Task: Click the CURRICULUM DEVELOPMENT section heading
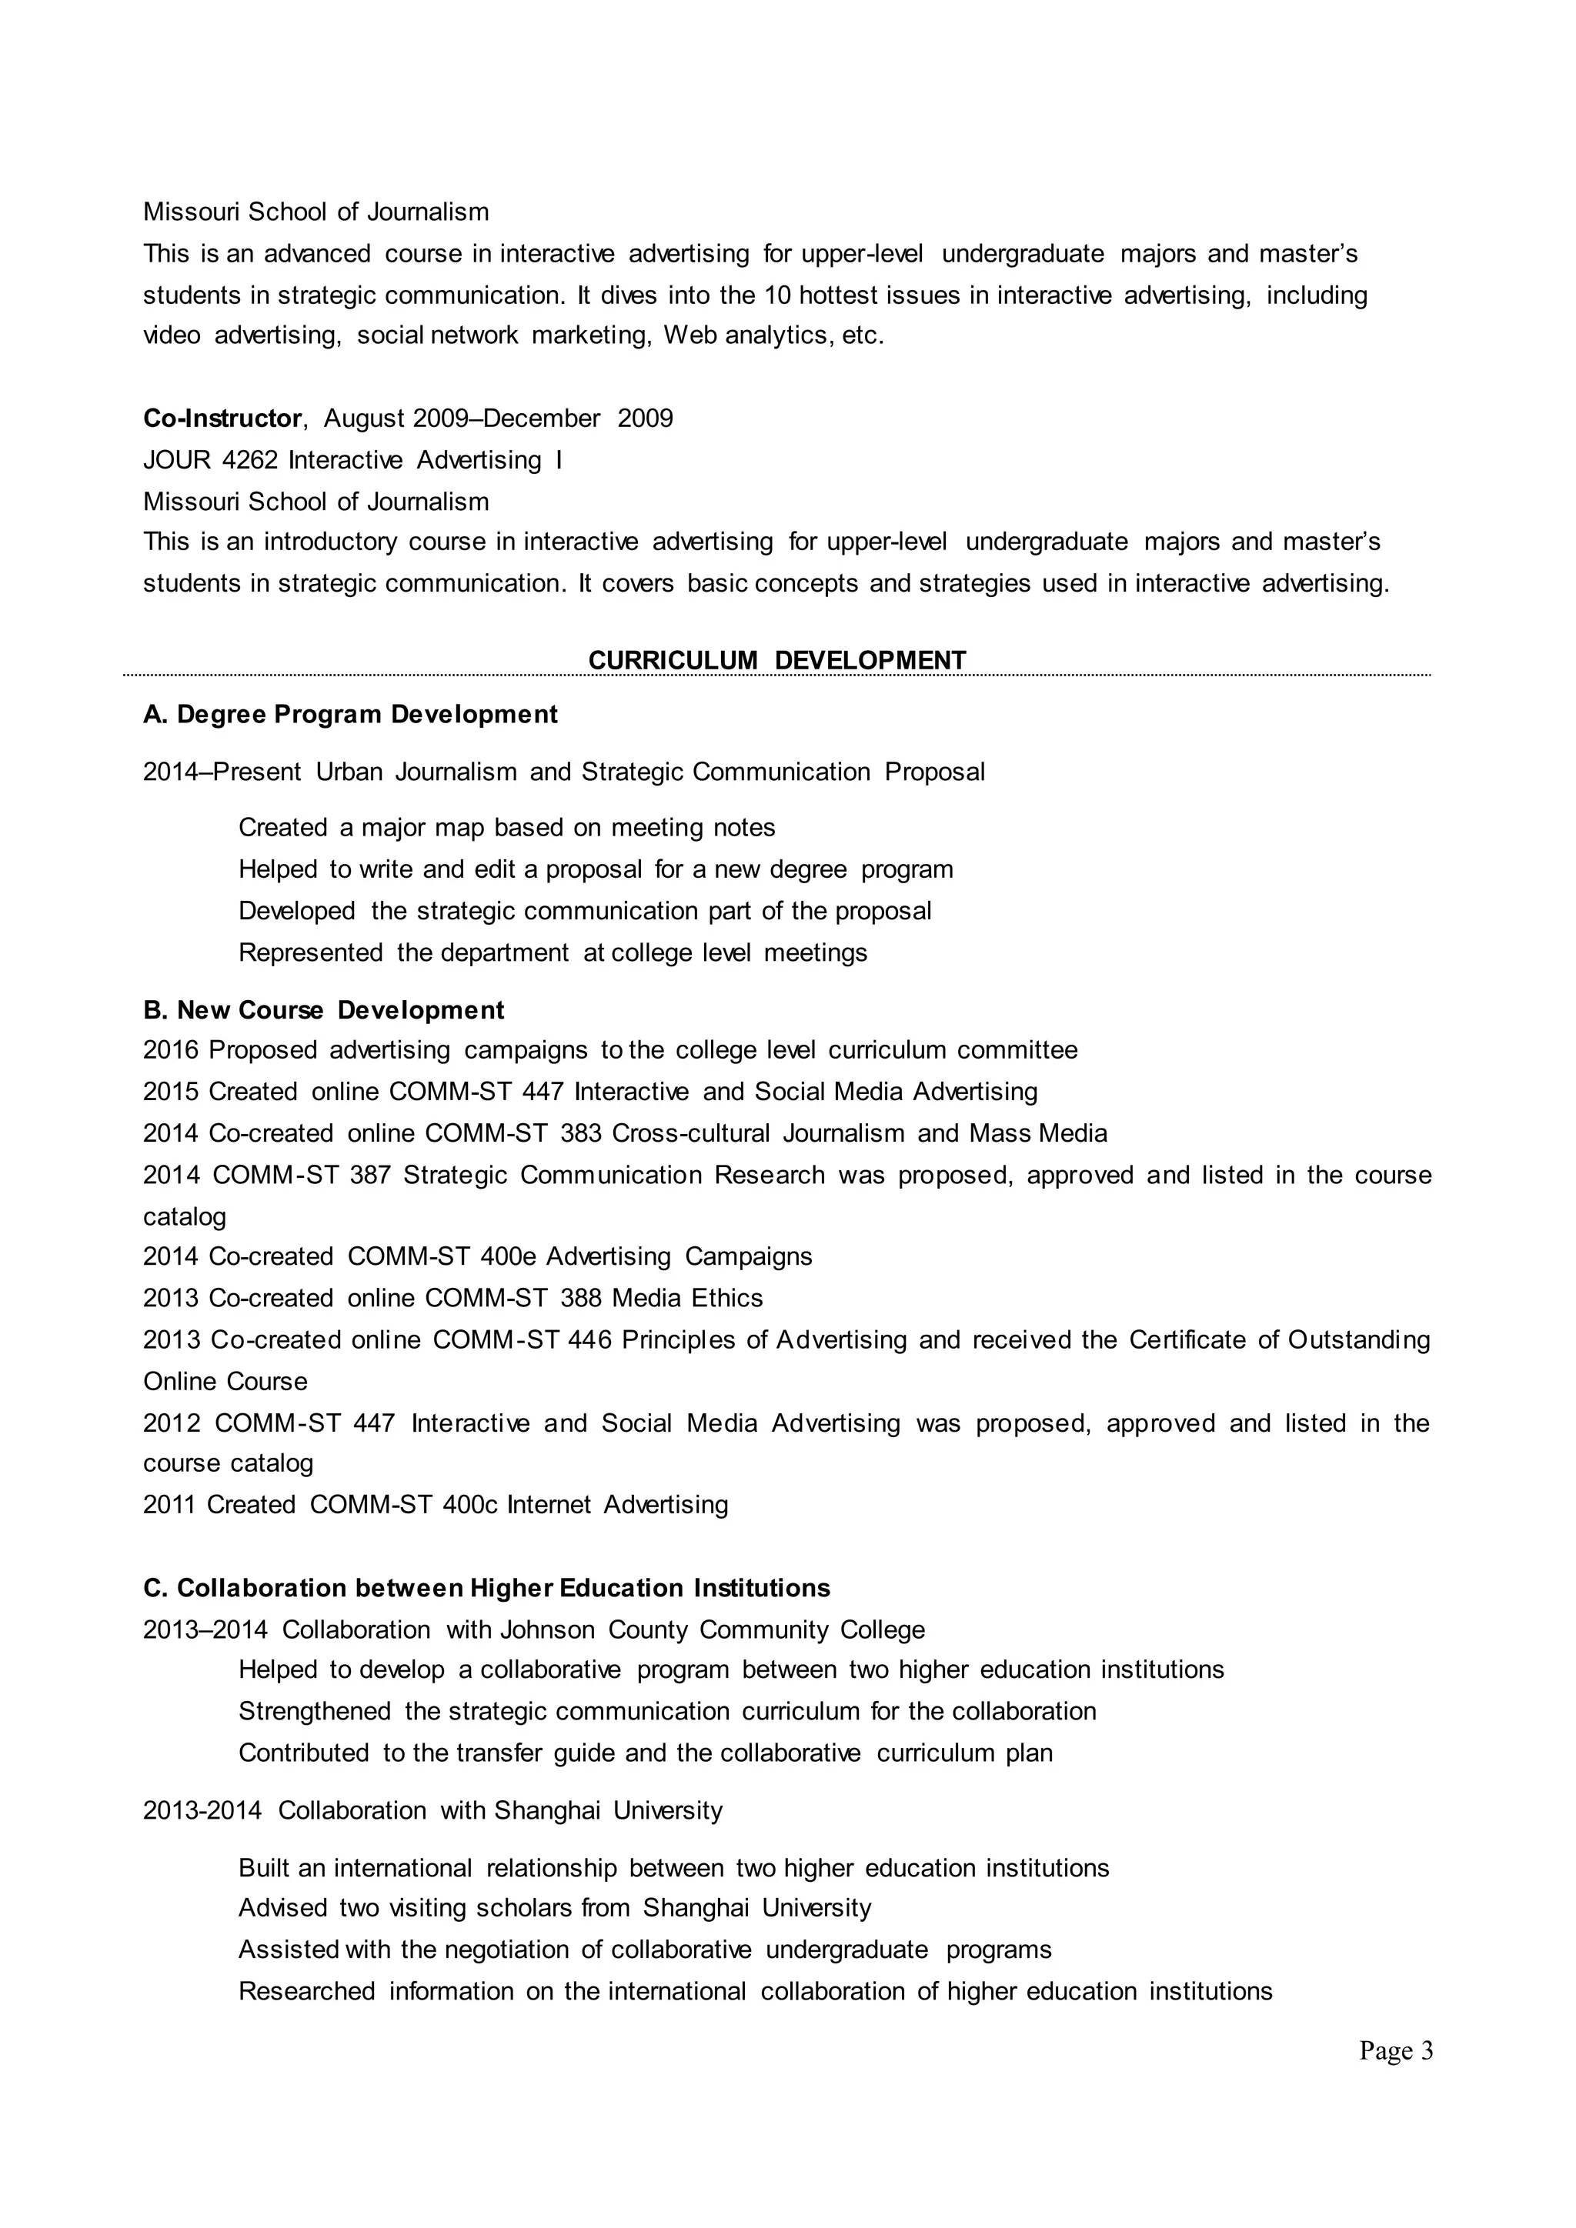[x=777, y=660]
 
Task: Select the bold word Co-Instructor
[x=222, y=419]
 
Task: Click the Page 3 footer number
[x=1395, y=2050]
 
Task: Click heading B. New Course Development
[x=323, y=1010]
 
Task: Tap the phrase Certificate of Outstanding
[x=1279, y=1339]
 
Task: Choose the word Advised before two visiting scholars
[x=282, y=1908]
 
